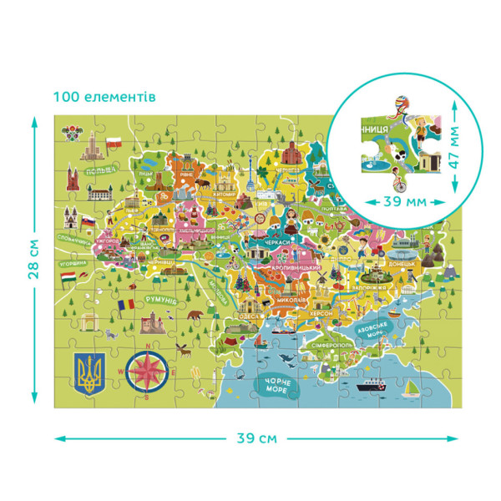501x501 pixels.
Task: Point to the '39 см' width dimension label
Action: click(256, 438)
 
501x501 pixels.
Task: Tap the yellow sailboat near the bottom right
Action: click(411, 386)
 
